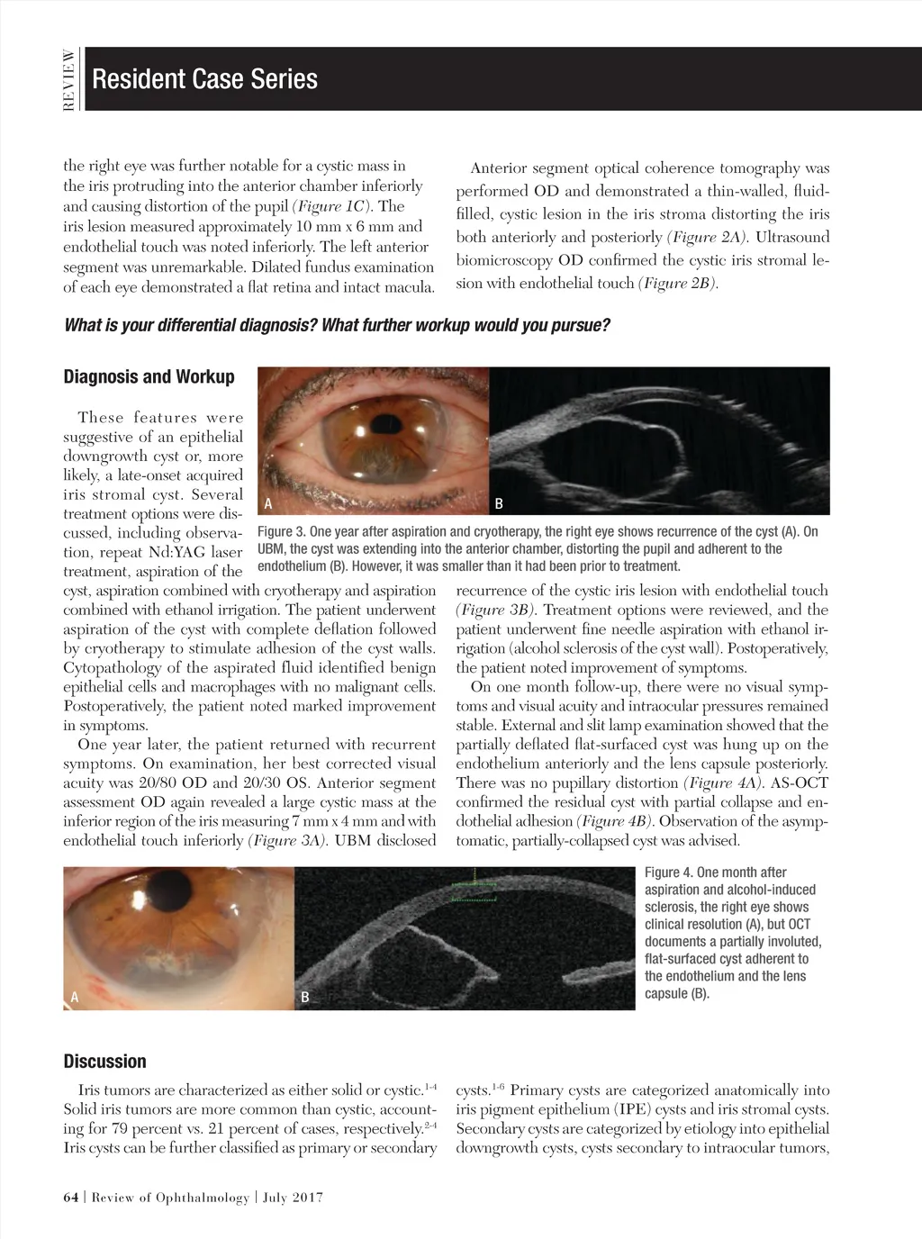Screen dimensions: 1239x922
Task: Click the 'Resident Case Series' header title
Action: click(204, 79)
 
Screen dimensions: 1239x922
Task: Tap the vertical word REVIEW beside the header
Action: click(68, 79)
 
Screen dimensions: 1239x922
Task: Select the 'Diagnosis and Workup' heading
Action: click(149, 376)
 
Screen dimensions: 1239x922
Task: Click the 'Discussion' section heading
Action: click(104, 1061)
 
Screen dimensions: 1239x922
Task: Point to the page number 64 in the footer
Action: click(71, 1198)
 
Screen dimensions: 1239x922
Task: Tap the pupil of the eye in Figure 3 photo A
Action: click(388, 421)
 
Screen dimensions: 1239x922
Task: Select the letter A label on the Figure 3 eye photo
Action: click(267, 503)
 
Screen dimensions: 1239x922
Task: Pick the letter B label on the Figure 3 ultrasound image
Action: click(501, 503)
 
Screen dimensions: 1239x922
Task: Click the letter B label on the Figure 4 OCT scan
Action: click(305, 997)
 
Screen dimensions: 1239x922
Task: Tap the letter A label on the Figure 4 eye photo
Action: click(75, 997)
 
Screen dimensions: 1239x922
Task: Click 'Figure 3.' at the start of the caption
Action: click(281, 531)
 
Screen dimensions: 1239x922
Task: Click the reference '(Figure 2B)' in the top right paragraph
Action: click(677, 285)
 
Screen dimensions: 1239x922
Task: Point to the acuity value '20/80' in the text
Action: click(159, 783)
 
